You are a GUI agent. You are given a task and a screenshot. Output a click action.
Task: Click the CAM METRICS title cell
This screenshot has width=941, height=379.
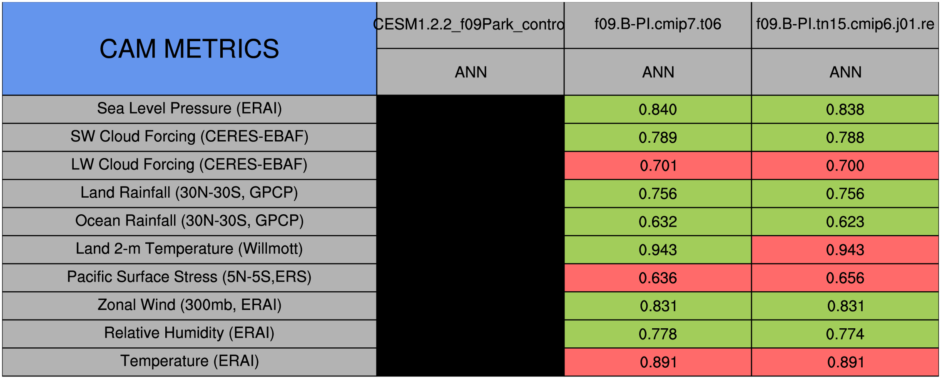click(x=189, y=49)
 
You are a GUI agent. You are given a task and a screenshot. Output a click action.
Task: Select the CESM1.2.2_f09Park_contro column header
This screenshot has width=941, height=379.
click(x=471, y=25)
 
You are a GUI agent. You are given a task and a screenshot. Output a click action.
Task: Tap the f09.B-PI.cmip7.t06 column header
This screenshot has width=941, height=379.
click(x=658, y=25)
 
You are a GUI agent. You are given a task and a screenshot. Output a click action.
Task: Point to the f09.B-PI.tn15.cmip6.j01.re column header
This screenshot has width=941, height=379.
click(x=845, y=25)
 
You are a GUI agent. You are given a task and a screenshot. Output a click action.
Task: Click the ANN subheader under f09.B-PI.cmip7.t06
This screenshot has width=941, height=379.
click(x=658, y=72)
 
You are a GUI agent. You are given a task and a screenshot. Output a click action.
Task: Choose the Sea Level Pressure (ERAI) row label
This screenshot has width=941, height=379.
click(x=189, y=109)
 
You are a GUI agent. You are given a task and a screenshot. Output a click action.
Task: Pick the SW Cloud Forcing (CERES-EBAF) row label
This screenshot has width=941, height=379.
click(x=189, y=137)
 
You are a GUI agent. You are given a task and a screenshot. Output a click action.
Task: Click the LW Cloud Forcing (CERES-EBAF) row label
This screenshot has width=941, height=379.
click(x=189, y=165)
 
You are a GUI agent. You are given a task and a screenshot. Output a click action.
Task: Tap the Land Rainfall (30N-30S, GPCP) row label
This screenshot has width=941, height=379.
click(x=189, y=193)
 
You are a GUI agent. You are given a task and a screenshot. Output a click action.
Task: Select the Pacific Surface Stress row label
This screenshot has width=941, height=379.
click(x=189, y=277)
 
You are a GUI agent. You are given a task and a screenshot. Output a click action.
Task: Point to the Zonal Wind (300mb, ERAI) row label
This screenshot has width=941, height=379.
click(x=189, y=305)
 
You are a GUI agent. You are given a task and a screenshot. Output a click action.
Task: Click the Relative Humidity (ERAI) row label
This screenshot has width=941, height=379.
click(x=189, y=334)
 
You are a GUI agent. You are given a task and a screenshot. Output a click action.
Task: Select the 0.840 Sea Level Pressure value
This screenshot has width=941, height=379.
click(x=658, y=109)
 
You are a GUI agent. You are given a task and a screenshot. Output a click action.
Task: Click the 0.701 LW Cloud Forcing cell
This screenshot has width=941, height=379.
click(x=658, y=166)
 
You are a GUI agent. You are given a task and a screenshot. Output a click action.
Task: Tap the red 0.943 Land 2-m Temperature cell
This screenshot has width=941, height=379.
click(x=845, y=250)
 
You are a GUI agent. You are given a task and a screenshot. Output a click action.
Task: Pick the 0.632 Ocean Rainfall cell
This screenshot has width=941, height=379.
click(x=658, y=222)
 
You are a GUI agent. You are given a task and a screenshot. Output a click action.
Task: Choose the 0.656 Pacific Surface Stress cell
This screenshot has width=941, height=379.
click(x=845, y=278)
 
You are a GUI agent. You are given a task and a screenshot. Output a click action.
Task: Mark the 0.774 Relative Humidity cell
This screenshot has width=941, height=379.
click(x=845, y=334)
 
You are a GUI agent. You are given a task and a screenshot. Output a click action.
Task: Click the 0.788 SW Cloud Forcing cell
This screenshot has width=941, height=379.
click(x=845, y=137)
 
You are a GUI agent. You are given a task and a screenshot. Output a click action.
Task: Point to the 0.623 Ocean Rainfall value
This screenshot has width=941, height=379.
click(x=845, y=222)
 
